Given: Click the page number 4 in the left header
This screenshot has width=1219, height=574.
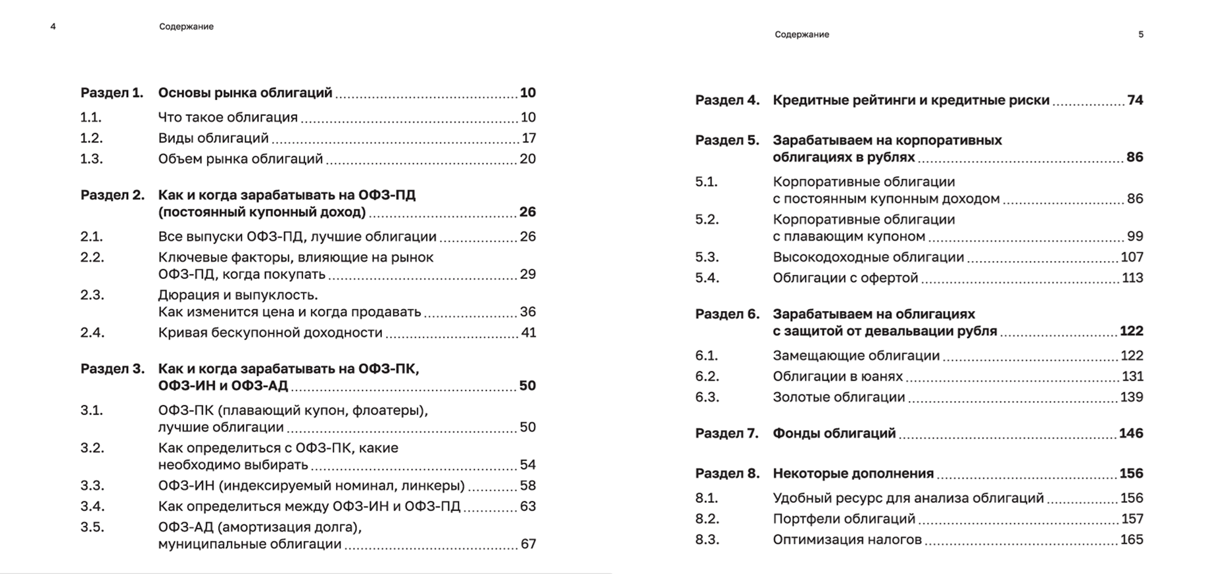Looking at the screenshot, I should click(53, 27).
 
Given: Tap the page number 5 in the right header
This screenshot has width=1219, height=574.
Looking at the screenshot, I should click(1141, 34).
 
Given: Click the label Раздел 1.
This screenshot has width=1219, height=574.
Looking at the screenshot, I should click(112, 93).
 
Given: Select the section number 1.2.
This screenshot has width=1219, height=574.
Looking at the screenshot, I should click(91, 138).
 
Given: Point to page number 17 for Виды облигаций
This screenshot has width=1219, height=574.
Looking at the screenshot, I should click(529, 138).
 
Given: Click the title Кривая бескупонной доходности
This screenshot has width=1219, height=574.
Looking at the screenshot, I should click(270, 333).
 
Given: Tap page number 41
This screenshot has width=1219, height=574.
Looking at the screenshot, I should click(529, 333).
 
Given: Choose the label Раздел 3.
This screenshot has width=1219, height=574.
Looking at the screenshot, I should click(112, 369).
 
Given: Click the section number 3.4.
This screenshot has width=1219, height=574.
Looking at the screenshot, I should click(92, 506).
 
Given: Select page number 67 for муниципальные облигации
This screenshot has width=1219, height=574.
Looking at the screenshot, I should click(529, 544).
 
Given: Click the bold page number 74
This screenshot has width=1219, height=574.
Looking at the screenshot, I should click(1135, 100).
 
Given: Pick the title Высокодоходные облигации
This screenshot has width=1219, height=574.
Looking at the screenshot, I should click(868, 257).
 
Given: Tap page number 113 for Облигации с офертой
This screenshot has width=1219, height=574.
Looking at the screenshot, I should click(1132, 277).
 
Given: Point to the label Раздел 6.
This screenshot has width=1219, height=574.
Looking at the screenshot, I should click(727, 314).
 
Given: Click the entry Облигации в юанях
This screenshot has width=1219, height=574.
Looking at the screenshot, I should click(838, 376).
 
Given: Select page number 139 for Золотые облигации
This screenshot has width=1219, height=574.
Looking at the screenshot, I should click(1132, 397).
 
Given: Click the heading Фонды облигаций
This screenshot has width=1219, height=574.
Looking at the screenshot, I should click(834, 433).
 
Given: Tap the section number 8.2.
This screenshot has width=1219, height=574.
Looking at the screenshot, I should click(707, 519).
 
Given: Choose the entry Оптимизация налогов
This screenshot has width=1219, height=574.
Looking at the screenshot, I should click(847, 540).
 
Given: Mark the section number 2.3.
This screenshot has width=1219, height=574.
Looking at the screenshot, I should click(92, 295).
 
